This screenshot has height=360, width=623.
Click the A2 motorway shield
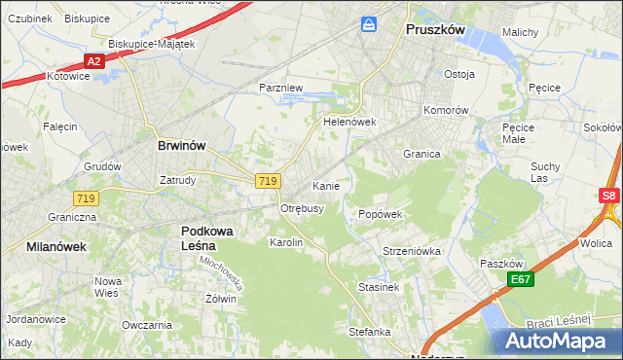pyautogui.click(x=93, y=61)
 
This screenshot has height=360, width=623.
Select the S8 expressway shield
pyautogui.click(x=608, y=196)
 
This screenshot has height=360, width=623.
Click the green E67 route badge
pyautogui.click(x=521, y=280)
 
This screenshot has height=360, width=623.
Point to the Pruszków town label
pyautogui.click(x=434, y=30)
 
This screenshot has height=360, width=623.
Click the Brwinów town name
pyautogui.click(x=182, y=145)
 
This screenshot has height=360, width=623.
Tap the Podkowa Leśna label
pyautogui.click(x=212, y=237)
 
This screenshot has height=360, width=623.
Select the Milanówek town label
pyautogui.click(x=56, y=247)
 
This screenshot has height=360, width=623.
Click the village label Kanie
pyautogui.click(x=325, y=185)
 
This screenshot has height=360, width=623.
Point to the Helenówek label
pyautogui.click(x=349, y=123)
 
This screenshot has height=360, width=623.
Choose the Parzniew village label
pyautogui.click(x=282, y=88)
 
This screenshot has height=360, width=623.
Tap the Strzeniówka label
pyautogui.click(x=412, y=251)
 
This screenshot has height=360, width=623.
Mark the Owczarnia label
pyautogui.click(x=147, y=325)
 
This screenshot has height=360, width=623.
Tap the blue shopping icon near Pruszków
pyautogui.click(x=369, y=22)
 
